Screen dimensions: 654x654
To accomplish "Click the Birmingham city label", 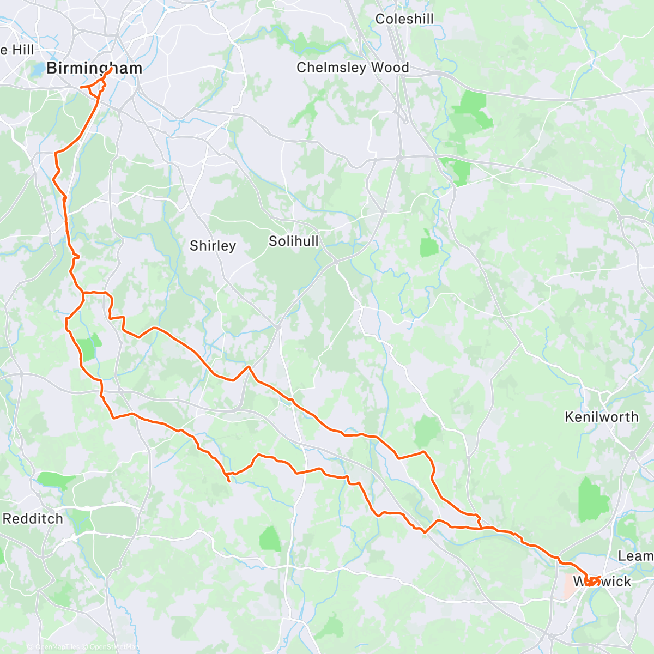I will tap(94, 68).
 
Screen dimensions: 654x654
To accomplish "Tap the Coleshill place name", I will tap(404, 19).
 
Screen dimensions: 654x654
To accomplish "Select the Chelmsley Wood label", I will tap(353, 68).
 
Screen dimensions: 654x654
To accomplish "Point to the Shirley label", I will tap(213, 246).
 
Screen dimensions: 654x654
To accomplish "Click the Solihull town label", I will tap(293, 241).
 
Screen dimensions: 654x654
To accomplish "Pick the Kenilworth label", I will tap(602, 417).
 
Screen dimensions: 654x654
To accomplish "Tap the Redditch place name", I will tap(33, 518).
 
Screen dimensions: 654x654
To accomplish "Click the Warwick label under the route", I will tap(602, 582).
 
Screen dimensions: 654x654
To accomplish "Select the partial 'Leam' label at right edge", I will tap(635, 556).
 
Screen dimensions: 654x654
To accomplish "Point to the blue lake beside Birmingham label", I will tap(38, 70).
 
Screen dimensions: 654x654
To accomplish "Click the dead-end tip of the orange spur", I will tap(229, 481).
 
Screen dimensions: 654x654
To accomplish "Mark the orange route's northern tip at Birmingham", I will tap(112, 68).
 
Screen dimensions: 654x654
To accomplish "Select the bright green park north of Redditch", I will tap(56, 481).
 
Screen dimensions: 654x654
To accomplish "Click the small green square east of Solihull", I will tap(429, 247).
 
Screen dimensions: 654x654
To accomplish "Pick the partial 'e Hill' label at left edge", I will tap(17, 50).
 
